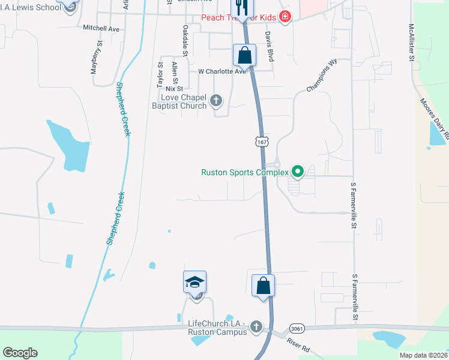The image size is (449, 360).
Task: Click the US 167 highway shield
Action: pos(261,142)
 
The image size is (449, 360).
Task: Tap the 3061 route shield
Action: pos(296,329)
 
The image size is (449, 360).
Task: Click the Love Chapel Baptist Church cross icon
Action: pos(216,101)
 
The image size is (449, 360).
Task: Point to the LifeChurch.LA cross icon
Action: pos(256,327)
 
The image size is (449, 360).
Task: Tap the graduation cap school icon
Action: pos(195,282)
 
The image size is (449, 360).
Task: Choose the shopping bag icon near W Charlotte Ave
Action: pos(245,55)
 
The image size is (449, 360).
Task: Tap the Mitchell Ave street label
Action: pos(101,28)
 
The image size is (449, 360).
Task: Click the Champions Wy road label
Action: pos(322,76)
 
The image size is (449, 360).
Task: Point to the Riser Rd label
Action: pos(298,346)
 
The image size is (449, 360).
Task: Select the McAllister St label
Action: pos(411,43)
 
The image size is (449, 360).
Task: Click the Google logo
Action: pos(20,353)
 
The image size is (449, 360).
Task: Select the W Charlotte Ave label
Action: pos(222,71)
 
